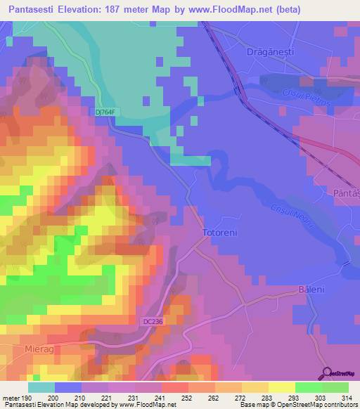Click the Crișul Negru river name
tap(286, 214)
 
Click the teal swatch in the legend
tap(41, 387)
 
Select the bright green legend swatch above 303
tap(309, 387)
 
